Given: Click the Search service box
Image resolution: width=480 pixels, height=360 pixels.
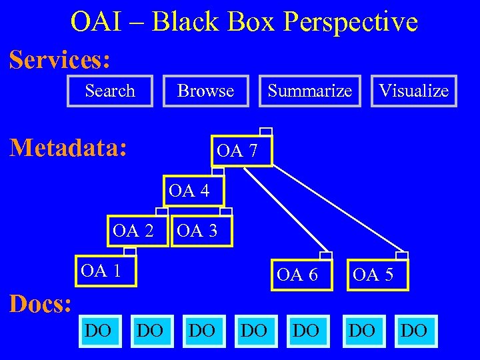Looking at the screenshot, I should [110, 91].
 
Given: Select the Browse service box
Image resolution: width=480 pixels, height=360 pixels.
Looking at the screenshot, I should [205, 91].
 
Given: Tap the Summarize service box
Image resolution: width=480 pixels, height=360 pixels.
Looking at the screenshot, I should [309, 91].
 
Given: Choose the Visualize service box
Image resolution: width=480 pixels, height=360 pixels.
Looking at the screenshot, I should [413, 91].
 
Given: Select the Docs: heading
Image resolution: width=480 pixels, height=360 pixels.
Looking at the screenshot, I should [40, 304].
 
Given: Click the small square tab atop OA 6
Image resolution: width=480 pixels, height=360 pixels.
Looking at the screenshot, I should [326, 256].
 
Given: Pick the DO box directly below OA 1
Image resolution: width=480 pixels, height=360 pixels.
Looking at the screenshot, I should [99, 331].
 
